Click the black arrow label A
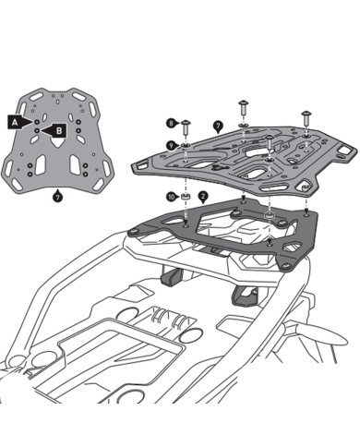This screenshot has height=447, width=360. click(15, 121)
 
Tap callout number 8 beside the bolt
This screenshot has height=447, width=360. click(171, 122)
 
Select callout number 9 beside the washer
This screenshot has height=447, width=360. click(171, 145)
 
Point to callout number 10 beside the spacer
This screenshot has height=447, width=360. click(170, 196)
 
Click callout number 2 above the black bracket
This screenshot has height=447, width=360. click(202, 197)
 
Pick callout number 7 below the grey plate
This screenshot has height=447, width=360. click(58, 196)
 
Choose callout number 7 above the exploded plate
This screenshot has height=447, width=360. click(216, 125)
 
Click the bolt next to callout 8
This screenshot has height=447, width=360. click(186, 124)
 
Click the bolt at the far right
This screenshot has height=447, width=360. click(304, 116)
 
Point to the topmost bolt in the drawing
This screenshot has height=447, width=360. click(243, 102)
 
